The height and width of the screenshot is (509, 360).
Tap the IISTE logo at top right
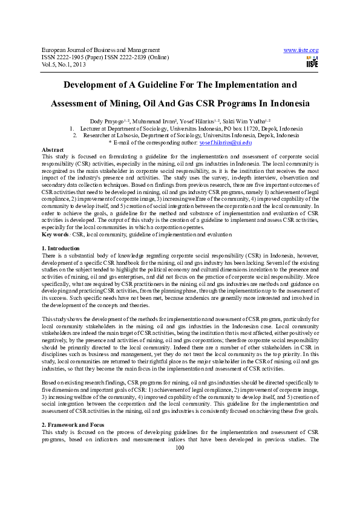point(312,62)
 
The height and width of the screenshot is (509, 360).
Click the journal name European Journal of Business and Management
point(100,50)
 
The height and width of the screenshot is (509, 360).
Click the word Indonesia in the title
point(288,103)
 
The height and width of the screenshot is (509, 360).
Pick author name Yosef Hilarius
point(205,121)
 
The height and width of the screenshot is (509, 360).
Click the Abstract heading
point(53,149)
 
